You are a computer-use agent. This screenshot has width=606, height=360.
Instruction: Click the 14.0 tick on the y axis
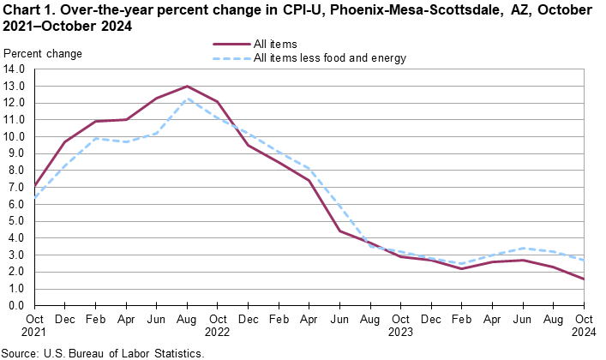tap(15, 69)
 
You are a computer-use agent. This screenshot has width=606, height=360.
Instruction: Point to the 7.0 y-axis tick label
tap(17, 188)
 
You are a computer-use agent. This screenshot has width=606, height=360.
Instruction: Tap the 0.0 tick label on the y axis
tap(17, 306)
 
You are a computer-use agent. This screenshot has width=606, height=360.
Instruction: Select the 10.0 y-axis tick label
tap(15, 137)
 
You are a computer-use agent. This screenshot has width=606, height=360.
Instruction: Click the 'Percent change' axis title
tap(43, 54)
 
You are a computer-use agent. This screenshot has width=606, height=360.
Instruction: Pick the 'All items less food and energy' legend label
tap(329, 58)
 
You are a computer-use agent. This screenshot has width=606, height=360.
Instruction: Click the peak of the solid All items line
tap(187, 87)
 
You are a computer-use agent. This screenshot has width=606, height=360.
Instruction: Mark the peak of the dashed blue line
tap(187, 99)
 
